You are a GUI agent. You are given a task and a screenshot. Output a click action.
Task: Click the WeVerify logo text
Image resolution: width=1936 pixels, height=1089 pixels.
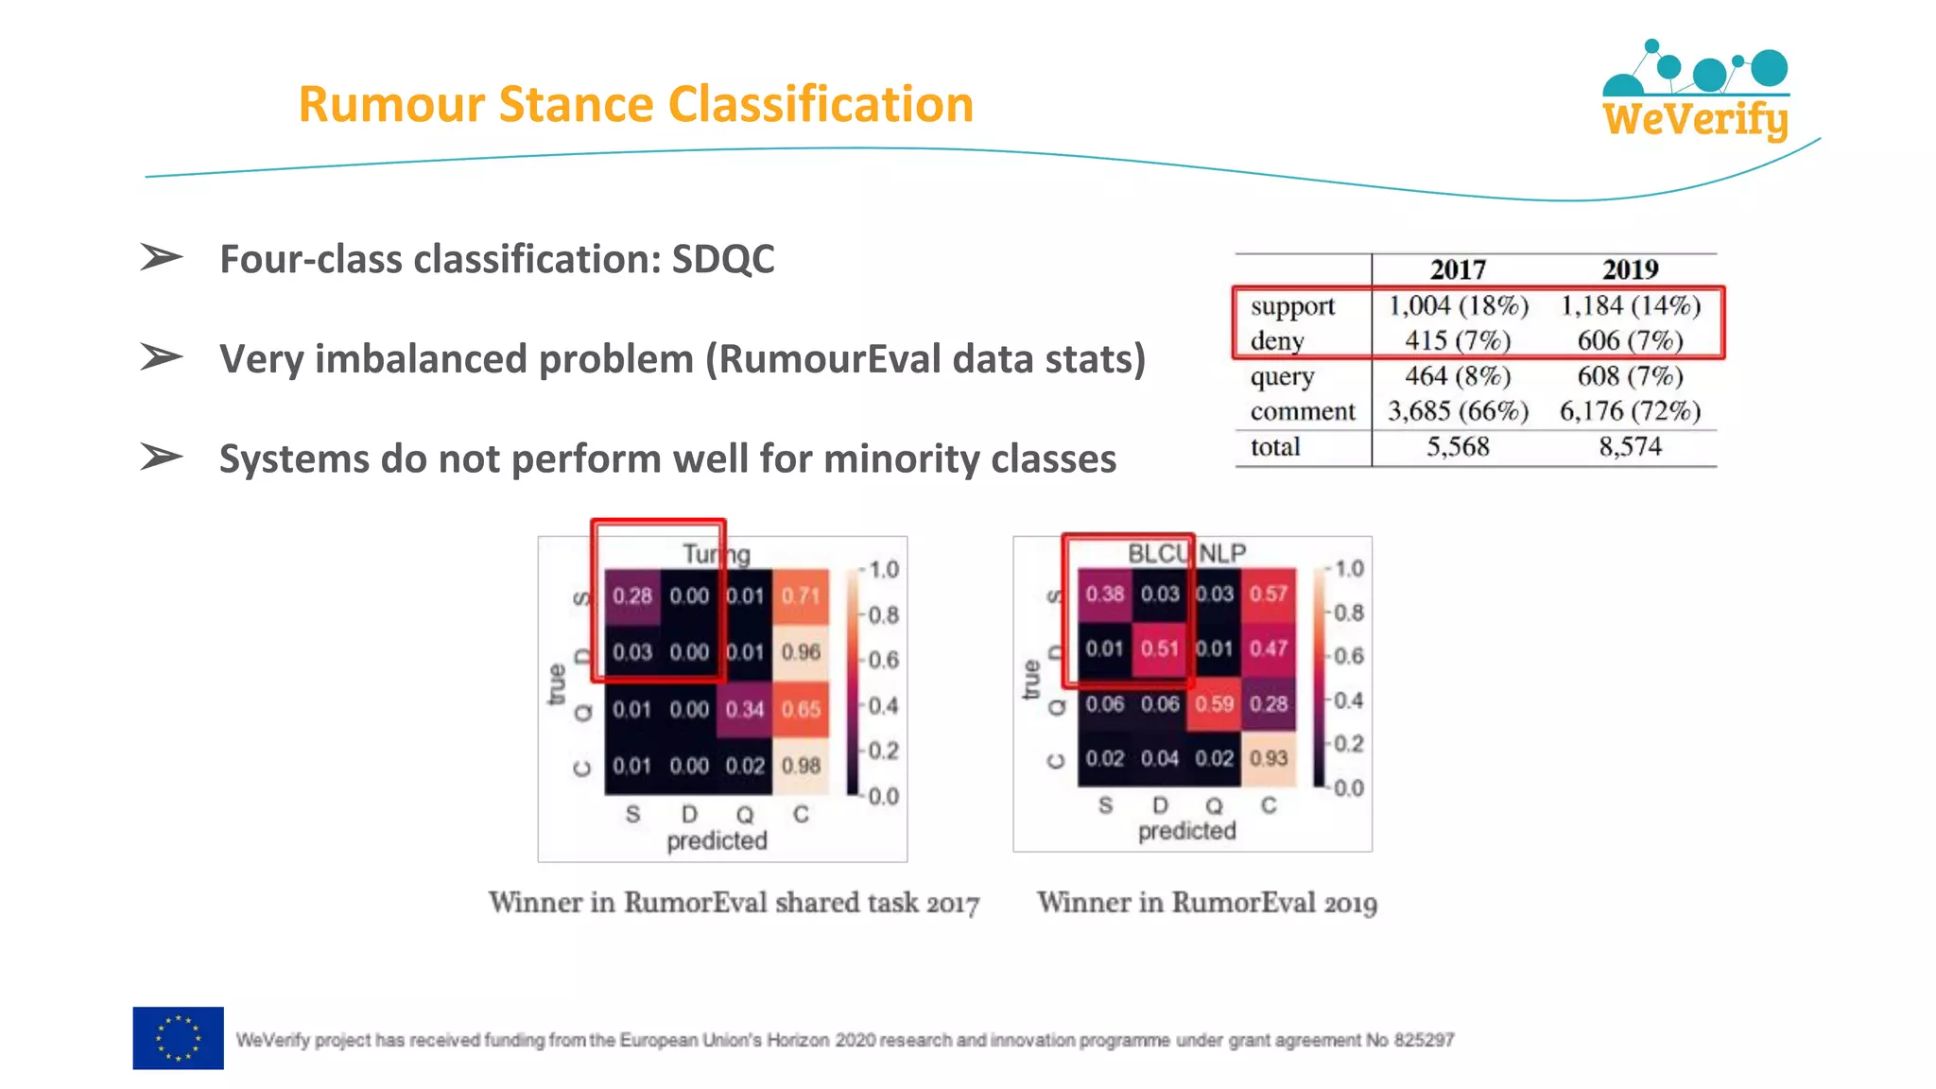pos(1695,120)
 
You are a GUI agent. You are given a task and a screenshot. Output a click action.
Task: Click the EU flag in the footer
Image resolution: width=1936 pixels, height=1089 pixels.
pos(178,1038)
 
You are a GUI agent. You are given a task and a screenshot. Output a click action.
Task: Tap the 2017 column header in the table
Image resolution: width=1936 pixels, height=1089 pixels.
pos(1457,269)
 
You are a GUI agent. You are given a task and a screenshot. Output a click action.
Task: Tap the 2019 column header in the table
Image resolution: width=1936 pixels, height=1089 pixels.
pos(1630,269)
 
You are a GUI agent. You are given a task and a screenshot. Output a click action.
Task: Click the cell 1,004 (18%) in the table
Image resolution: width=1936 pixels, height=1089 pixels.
pos(1457,305)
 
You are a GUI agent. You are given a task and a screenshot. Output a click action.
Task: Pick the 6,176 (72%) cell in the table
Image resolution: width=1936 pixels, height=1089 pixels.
pos(1630,411)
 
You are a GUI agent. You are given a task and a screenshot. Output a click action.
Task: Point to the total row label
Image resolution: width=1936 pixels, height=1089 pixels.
pos(1275,446)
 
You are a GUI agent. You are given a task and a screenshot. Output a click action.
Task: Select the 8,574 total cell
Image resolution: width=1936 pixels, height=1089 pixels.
pos(1630,446)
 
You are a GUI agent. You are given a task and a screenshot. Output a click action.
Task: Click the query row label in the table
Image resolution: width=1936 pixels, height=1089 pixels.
pos(1282,376)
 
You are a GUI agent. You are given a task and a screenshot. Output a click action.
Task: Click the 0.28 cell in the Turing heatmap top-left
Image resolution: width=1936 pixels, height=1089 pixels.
pos(631,596)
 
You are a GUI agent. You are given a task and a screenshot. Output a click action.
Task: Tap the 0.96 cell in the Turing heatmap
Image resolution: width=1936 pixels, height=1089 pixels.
pos(801,652)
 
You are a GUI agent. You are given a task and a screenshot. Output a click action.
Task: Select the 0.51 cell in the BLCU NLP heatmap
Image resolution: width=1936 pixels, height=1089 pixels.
pos(1159,648)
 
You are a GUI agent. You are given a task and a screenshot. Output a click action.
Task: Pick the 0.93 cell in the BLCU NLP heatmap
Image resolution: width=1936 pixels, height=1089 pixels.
pos(1269,758)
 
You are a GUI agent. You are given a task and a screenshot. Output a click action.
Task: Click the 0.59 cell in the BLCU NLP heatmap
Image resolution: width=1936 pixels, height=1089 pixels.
pos(1214,703)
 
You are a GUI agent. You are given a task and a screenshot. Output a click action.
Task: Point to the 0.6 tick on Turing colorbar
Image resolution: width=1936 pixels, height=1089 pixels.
pos(883,660)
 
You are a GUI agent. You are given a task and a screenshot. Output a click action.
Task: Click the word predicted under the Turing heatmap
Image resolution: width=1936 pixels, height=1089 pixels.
pos(717,840)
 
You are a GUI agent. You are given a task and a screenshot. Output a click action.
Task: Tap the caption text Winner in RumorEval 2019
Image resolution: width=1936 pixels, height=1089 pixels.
pos(1206,903)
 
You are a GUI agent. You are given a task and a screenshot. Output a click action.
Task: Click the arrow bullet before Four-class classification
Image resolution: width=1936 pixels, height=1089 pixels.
pos(161,257)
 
